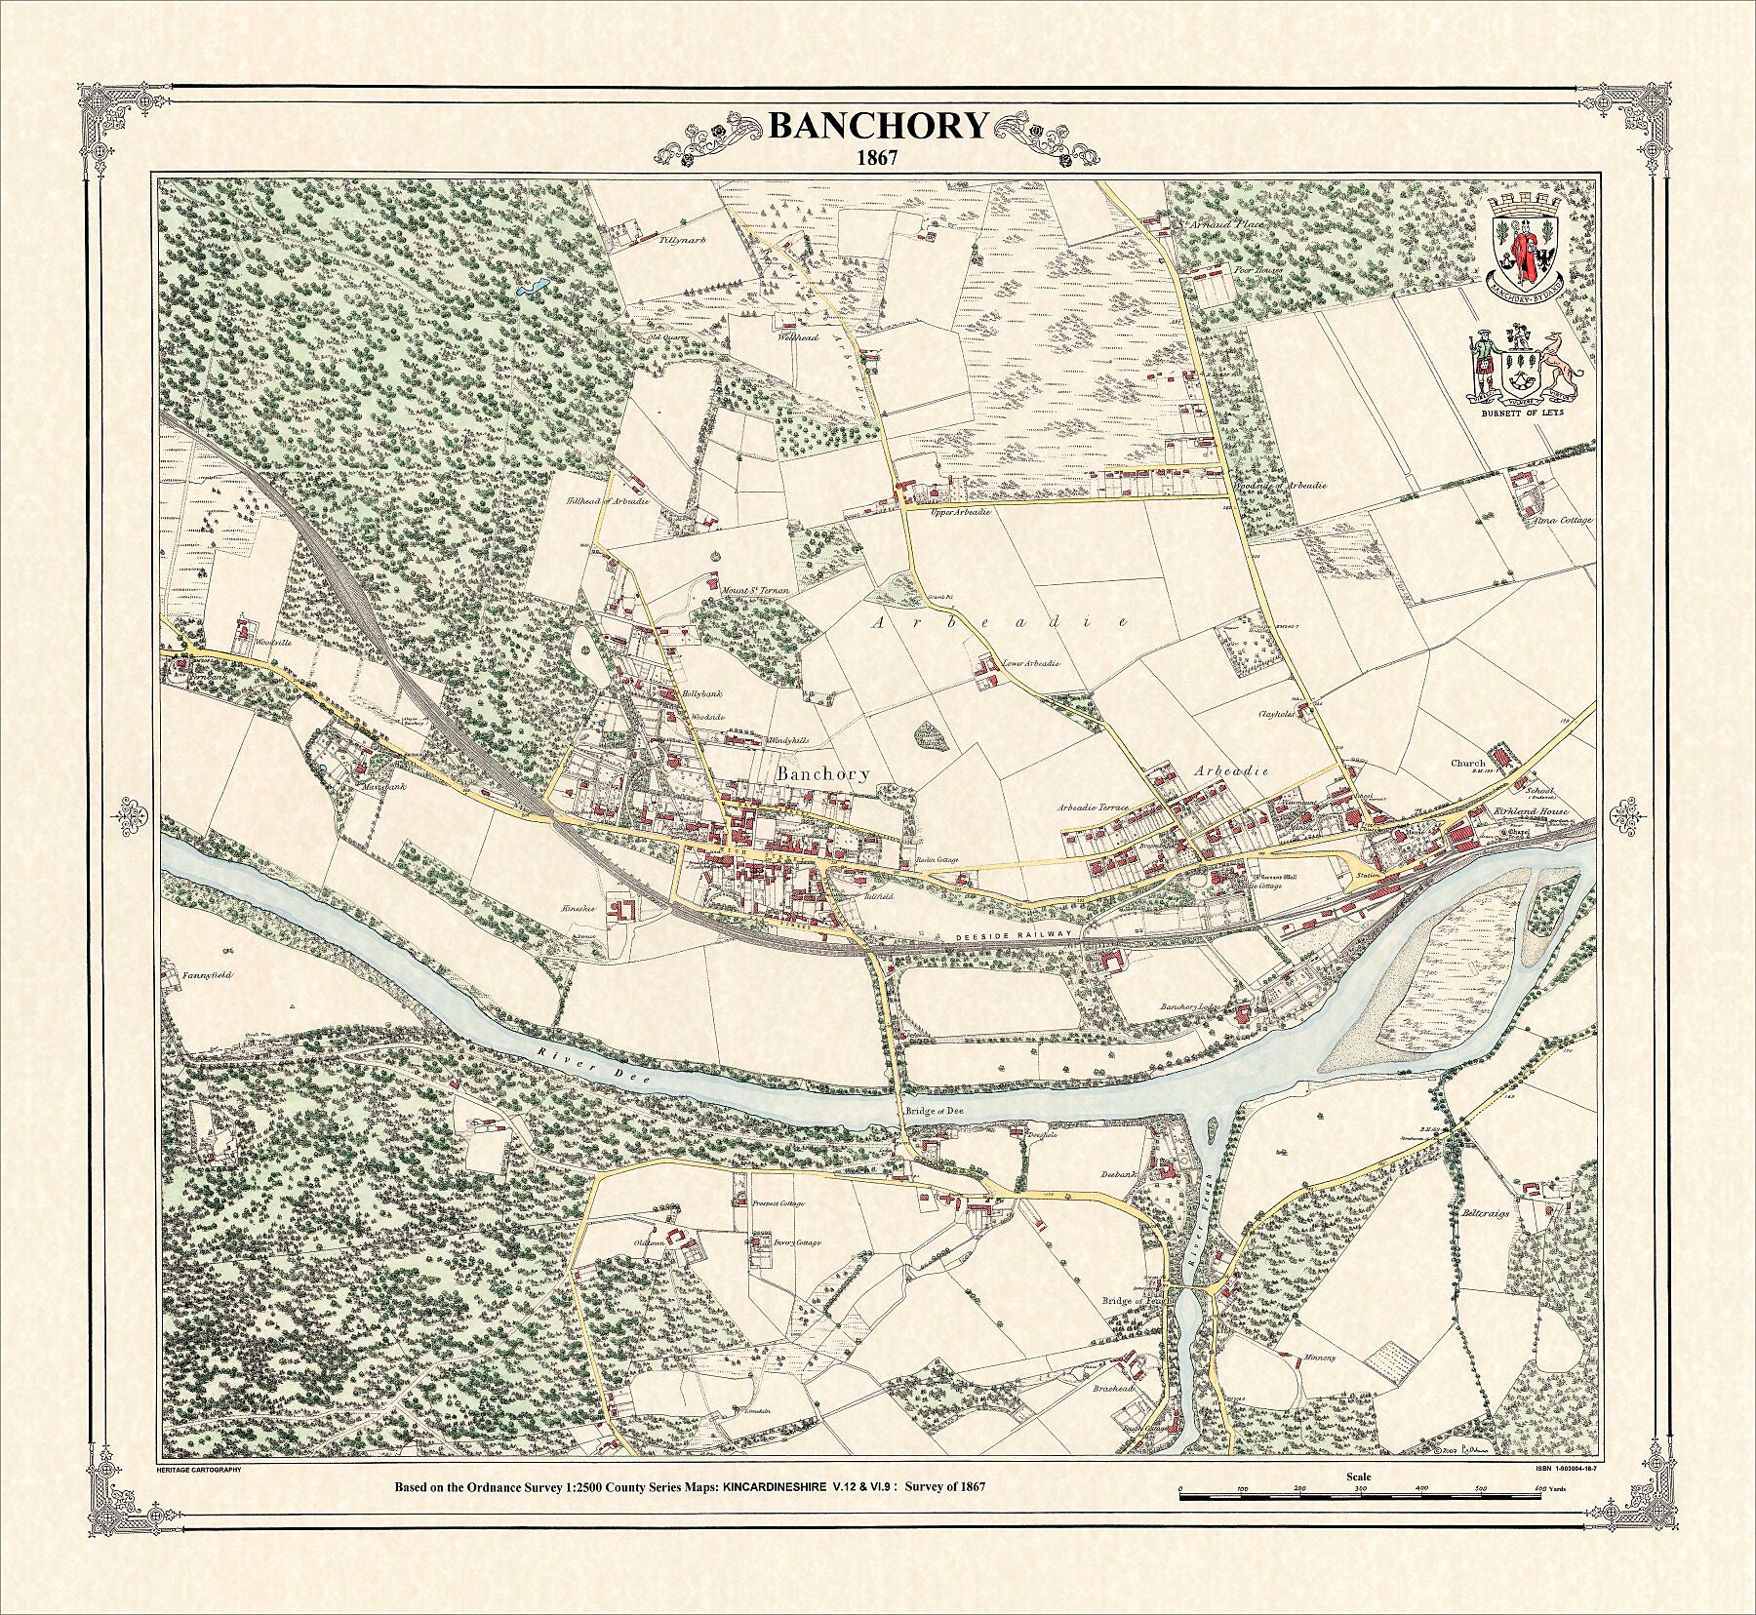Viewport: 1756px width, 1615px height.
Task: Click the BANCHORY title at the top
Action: tap(877, 126)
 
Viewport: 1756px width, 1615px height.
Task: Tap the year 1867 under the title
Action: tap(877, 156)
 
